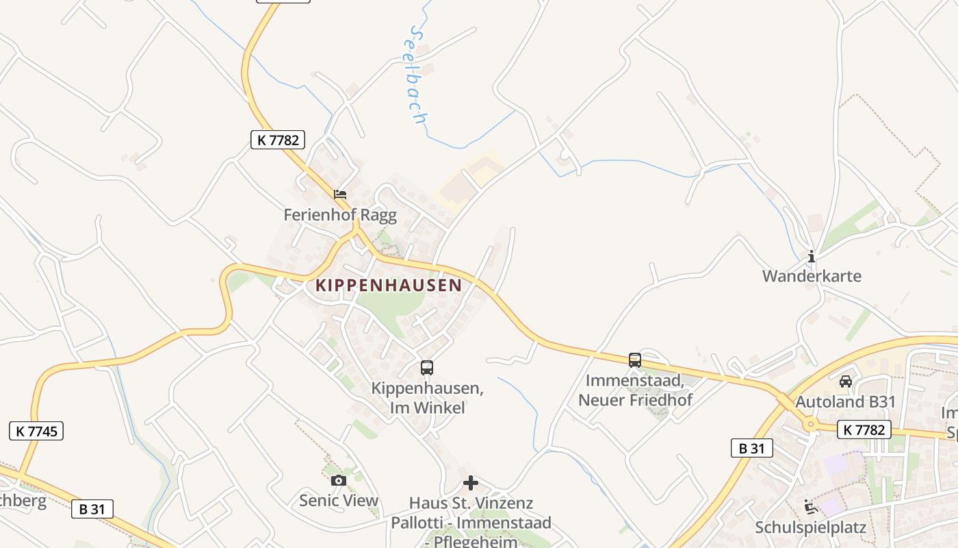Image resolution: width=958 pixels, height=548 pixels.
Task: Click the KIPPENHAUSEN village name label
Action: click(x=388, y=285)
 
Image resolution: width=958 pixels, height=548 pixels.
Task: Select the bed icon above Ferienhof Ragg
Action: click(x=340, y=195)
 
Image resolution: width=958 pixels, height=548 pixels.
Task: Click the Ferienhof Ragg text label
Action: click(x=340, y=215)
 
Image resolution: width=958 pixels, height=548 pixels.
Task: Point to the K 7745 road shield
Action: click(x=36, y=431)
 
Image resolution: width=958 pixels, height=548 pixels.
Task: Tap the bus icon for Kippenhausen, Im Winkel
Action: click(x=427, y=368)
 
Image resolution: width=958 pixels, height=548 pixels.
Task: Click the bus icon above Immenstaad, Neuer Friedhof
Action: click(x=635, y=360)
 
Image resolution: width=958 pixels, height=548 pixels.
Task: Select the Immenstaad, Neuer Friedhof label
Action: click(x=635, y=390)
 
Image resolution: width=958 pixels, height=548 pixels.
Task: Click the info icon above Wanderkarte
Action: click(x=812, y=257)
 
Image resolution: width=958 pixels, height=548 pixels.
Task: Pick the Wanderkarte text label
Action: click(x=812, y=276)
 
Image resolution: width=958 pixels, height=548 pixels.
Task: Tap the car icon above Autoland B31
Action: click(x=846, y=382)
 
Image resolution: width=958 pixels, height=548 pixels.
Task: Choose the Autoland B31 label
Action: click(x=845, y=401)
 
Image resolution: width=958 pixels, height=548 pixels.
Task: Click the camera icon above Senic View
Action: click(x=338, y=481)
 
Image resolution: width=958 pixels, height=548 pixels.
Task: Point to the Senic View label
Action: click(x=338, y=501)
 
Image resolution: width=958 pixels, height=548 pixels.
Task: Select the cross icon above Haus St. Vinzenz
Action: click(x=471, y=484)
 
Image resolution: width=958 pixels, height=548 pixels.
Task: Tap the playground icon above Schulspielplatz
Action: click(x=811, y=508)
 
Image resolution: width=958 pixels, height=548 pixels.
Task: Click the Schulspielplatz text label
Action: click(x=810, y=528)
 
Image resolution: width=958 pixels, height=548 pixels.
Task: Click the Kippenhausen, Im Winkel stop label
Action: click(x=427, y=398)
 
